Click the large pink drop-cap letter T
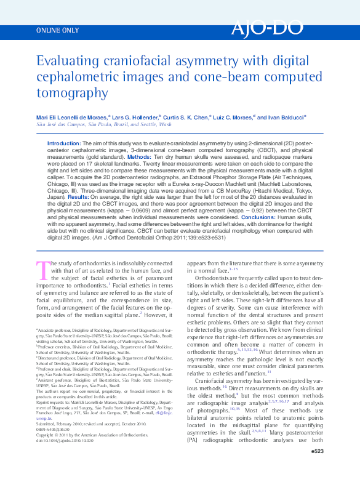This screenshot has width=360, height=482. (43, 270)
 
